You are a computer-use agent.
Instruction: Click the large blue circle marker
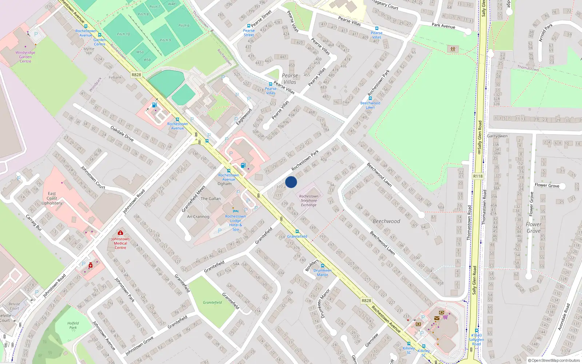coord(291,182)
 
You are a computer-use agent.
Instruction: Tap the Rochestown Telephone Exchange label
coord(308,201)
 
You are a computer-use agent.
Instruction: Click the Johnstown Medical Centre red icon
coord(120,233)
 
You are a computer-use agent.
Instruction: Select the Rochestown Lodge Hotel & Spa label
coord(235,222)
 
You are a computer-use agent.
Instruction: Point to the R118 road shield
coord(478,176)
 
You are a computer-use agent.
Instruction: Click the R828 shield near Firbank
coord(136,75)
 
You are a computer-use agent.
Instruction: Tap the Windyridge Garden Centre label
coord(25,57)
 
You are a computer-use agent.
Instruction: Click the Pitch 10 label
coord(123,34)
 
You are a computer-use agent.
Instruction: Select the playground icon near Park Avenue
coord(453,49)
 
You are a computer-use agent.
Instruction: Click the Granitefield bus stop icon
coord(297,232)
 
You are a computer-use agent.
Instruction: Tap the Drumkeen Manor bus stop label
coord(322,272)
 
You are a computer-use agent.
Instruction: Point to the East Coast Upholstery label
coord(52,198)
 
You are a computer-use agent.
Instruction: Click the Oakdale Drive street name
coord(122,134)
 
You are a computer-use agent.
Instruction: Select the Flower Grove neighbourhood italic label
coord(533,227)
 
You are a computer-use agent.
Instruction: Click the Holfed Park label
coord(73,325)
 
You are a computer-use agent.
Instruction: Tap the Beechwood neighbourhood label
coord(386,221)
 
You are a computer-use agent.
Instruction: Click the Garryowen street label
coord(497,136)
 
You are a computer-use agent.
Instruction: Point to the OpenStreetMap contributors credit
coord(554,360)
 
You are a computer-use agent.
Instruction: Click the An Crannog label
coord(198,217)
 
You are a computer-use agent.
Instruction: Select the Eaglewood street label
coord(244,116)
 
